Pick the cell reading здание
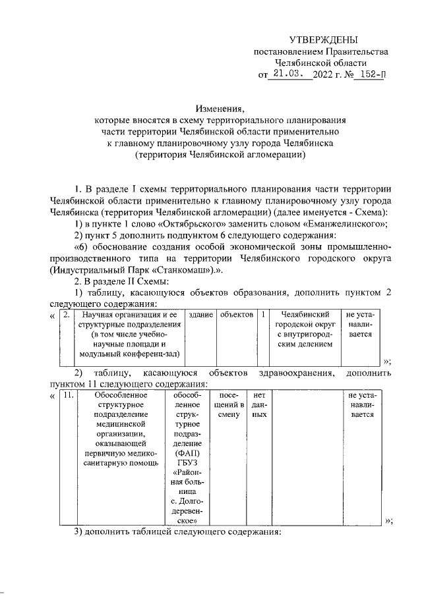pos(200,315)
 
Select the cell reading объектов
pos(237,315)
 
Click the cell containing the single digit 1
pos(263,315)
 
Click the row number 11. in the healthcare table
pos(67,395)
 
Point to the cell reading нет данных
pos(259,405)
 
